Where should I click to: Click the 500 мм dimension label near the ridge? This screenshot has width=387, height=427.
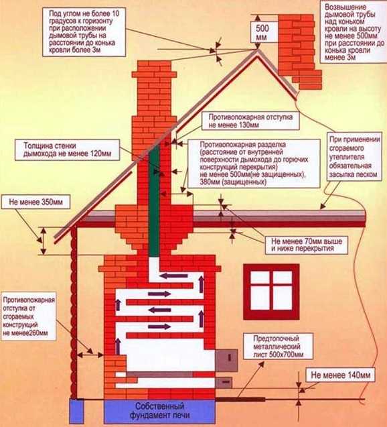262,32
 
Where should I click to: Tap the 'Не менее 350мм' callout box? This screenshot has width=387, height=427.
35,202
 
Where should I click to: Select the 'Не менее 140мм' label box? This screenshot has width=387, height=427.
341,375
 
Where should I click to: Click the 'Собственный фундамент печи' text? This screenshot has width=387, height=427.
159,410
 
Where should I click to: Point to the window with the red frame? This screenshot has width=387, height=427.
271,292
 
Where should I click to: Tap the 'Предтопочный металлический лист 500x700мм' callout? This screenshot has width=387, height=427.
279,347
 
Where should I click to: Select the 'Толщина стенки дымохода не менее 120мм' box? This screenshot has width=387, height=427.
67,149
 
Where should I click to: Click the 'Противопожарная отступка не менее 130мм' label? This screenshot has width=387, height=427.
250,121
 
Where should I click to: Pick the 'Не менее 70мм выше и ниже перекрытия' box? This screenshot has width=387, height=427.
307,245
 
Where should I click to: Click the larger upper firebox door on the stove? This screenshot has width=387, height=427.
226,360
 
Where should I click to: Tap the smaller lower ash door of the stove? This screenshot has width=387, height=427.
224,383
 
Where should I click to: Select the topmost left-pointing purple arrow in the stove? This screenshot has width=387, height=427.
173,276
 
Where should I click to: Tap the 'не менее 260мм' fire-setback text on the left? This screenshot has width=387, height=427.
29,316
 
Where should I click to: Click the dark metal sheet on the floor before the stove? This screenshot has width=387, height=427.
240,400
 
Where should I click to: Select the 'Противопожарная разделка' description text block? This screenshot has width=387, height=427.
254,163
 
